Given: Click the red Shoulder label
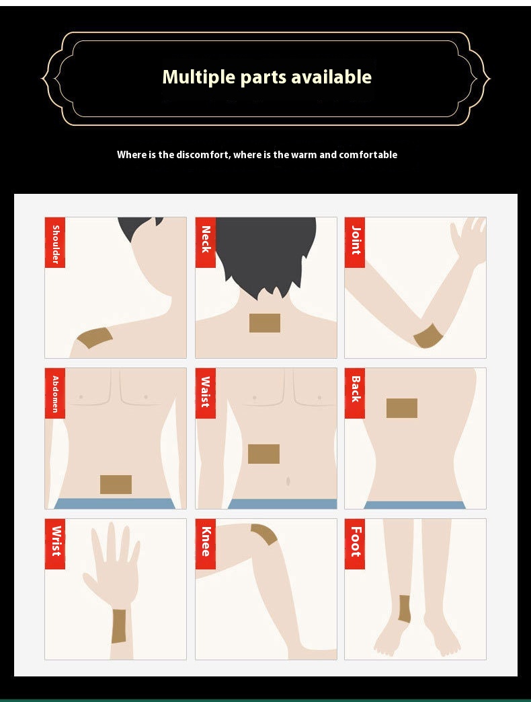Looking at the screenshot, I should pos(55,242).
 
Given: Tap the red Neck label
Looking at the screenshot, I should pos(206,242).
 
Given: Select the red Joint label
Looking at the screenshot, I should pos(355,242).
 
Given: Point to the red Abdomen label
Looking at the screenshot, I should pos(55,393).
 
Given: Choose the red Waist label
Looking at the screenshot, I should pos(206,393).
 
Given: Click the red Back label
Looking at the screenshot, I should pos(355,393).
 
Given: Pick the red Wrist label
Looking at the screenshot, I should pos(55,544).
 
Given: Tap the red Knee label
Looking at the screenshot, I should pos(206,544).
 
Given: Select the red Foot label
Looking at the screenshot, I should pos(355,544).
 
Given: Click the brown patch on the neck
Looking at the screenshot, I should pos(265,323).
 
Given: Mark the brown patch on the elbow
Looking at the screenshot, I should pos(427,336).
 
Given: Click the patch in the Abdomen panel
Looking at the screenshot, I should pos(116,485).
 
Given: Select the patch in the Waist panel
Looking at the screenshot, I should pos(263,454).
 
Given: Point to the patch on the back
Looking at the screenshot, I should pos(402,408).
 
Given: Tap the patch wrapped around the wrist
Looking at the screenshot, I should pos(119,625).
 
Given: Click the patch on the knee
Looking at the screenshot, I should pos(265,534).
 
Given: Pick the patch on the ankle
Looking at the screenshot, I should pos(404,608).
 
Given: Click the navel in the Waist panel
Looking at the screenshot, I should pos(288,482).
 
